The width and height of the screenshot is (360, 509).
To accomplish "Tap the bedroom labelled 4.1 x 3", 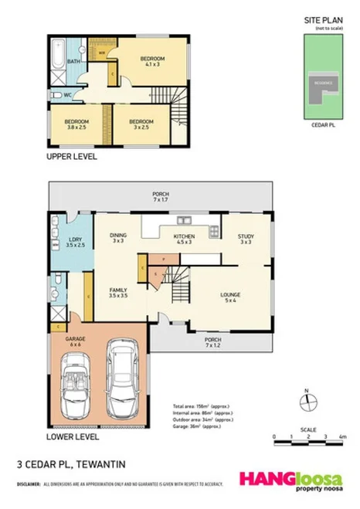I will (x=151, y=62).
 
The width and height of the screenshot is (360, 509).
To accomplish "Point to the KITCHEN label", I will (x=184, y=239).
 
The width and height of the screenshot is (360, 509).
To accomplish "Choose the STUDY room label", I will (x=246, y=239).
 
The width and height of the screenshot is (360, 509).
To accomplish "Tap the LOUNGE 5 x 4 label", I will (x=229, y=297).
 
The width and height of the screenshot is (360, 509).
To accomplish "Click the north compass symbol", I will (x=306, y=402).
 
